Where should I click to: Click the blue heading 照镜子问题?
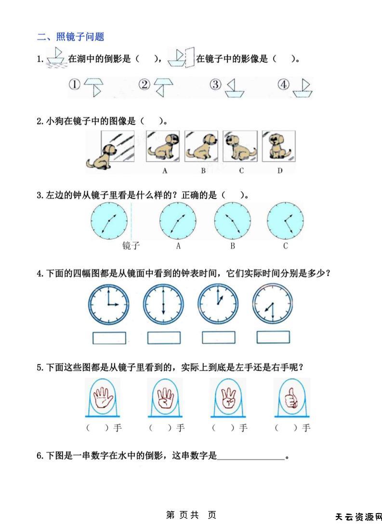(x=80, y=37)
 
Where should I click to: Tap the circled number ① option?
(x=75, y=84)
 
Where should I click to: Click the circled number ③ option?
(x=215, y=84)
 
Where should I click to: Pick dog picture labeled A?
(x=163, y=146)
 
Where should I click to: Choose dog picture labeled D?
(x=278, y=146)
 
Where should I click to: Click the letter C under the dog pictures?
(x=241, y=171)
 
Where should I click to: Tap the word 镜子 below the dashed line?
(x=131, y=245)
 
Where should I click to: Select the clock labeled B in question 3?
(x=233, y=220)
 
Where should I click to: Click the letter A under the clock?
(x=178, y=246)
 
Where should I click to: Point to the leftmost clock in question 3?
(x=109, y=220)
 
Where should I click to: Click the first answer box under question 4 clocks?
(x=109, y=338)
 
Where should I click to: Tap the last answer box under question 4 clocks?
(x=273, y=337)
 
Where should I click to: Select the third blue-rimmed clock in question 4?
(x=218, y=304)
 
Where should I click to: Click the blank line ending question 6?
(x=251, y=459)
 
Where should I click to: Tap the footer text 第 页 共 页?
(x=191, y=515)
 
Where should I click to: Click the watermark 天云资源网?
(x=358, y=517)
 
